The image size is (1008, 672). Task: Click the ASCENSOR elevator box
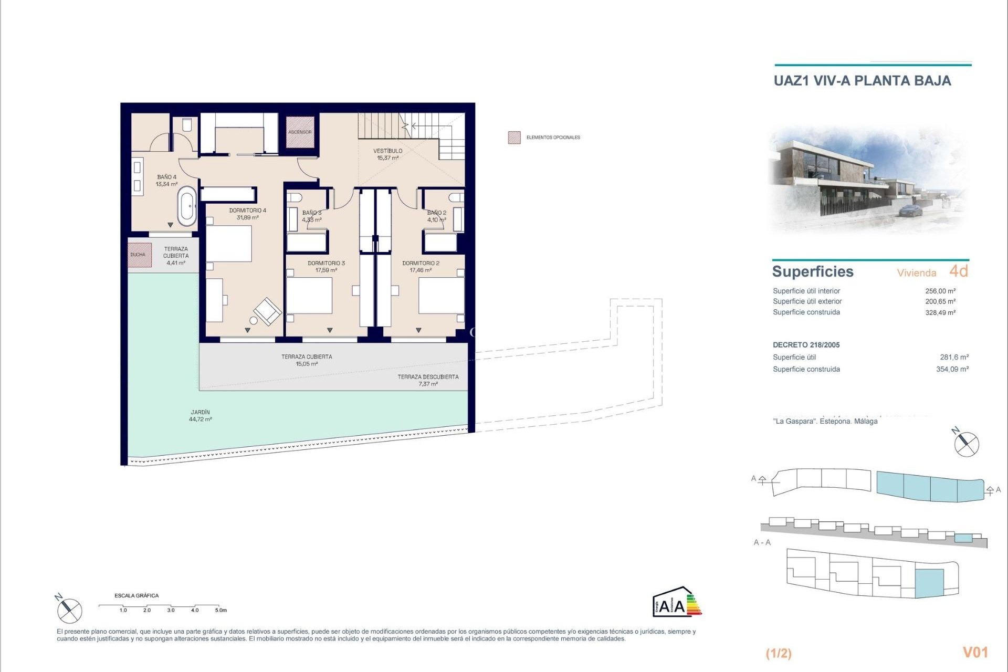click(x=300, y=132)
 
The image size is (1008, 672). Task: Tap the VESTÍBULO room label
click(x=388, y=154)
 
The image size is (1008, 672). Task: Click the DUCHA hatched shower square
click(x=139, y=255)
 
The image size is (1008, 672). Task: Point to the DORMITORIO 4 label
click(x=247, y=214)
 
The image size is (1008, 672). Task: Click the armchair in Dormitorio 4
click(x=268, y=311)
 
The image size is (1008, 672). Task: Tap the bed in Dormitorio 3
click(x=309, y=296)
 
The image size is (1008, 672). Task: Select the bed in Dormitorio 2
click(x=441, y=296)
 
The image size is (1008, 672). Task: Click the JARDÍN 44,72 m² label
click(x=201, y=416)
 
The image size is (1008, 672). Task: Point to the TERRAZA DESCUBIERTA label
click(x=428, y=380)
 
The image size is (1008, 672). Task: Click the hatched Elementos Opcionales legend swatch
click(x=514, y=138)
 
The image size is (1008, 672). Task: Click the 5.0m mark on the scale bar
click(x=220, y=610)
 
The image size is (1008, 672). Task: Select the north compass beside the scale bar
click(x=69, y=610)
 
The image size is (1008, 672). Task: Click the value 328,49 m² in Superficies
click(x=940, y=312)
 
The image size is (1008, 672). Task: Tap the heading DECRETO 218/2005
click(x=806, y=345)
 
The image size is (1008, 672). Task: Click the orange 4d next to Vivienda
click(x=958, y=271)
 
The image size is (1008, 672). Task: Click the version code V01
click(x=975, y=652)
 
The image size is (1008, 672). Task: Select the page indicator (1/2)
click(x=779, y=653)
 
